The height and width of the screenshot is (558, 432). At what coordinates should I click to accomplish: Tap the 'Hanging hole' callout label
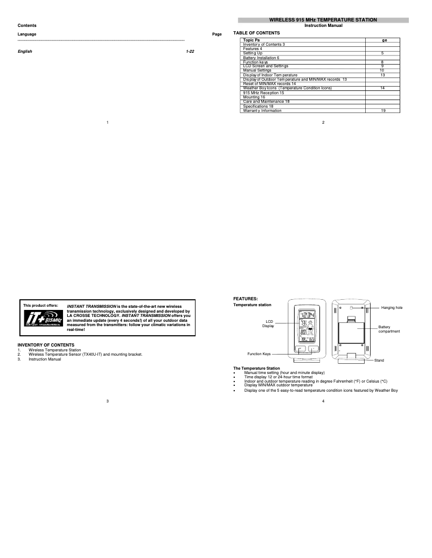(x=392, y=307)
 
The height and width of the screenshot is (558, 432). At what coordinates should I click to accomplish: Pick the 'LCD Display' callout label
(x=268, y=323)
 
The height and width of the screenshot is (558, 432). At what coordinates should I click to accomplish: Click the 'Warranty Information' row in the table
(x=262, y=111)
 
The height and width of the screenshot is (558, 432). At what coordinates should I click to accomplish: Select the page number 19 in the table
(x=382, y=111)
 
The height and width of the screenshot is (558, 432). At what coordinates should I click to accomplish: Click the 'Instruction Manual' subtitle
(x=323, y=26)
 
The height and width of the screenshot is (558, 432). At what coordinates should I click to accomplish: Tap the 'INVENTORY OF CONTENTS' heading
(x=46, y=344)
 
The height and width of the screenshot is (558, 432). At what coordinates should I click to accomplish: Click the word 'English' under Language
(x=25, y=51)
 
